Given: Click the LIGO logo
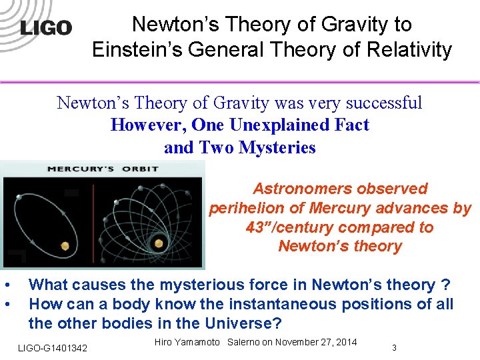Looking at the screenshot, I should pos(45,28).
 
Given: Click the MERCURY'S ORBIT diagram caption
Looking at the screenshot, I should pos(103,169).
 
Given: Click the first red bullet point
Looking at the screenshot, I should pos(7,285).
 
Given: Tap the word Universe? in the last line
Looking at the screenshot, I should pos(244,324).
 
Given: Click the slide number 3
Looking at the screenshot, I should pos(395,347).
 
